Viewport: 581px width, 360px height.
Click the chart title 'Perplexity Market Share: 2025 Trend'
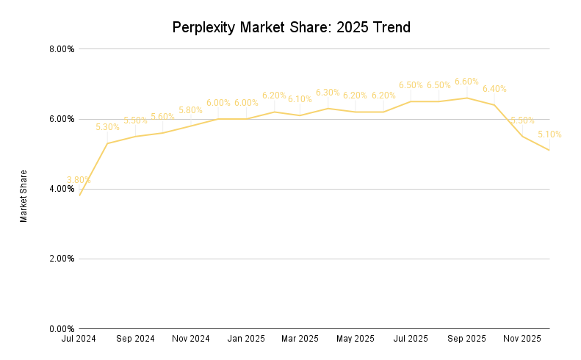pyautogui.click(x=291, y=28)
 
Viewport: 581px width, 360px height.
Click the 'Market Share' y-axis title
pyautogui.click(x=24, y=196)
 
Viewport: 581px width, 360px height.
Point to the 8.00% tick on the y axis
pyautogui.click(x=60, y=49)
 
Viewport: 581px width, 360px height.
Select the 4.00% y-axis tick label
pyautogui.click(x=60, y=189)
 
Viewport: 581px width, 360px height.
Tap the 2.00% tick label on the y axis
pyautogui.click(x=60, y=259)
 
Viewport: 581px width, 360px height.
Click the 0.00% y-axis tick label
pyautogui.click(x=60, y=328)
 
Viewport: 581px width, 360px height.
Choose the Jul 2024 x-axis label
pyautogui.click(x=79, y=339)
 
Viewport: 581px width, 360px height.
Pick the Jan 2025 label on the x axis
pyautogui.click(x=246, y=339)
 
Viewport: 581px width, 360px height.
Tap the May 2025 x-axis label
pyautogui.click(x=356, y=339)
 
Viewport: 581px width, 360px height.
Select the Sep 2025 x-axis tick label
pyautogui.click(x=466, y=339)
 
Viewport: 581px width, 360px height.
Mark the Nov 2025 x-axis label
pyautogui.click(x=522, y=339)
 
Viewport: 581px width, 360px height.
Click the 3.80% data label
pyautogui.click(x=79, y=180)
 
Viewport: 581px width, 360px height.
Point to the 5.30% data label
pyautogui.click(x=107, y=127)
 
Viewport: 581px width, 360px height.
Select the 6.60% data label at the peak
pyautogui.click(x=466, y=82)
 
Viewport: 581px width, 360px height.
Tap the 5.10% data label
pyautogui.click(x=549, y=134)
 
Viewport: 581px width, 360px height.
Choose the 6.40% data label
pyautogui.click(x=494, y=89)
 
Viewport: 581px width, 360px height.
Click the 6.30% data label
pyautogui.click(x=328, y=93)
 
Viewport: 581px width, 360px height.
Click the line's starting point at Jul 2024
pyautogui.click(x=79, y=195)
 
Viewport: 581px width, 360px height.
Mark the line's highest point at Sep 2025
pyautogui.click(x=466, y=98)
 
